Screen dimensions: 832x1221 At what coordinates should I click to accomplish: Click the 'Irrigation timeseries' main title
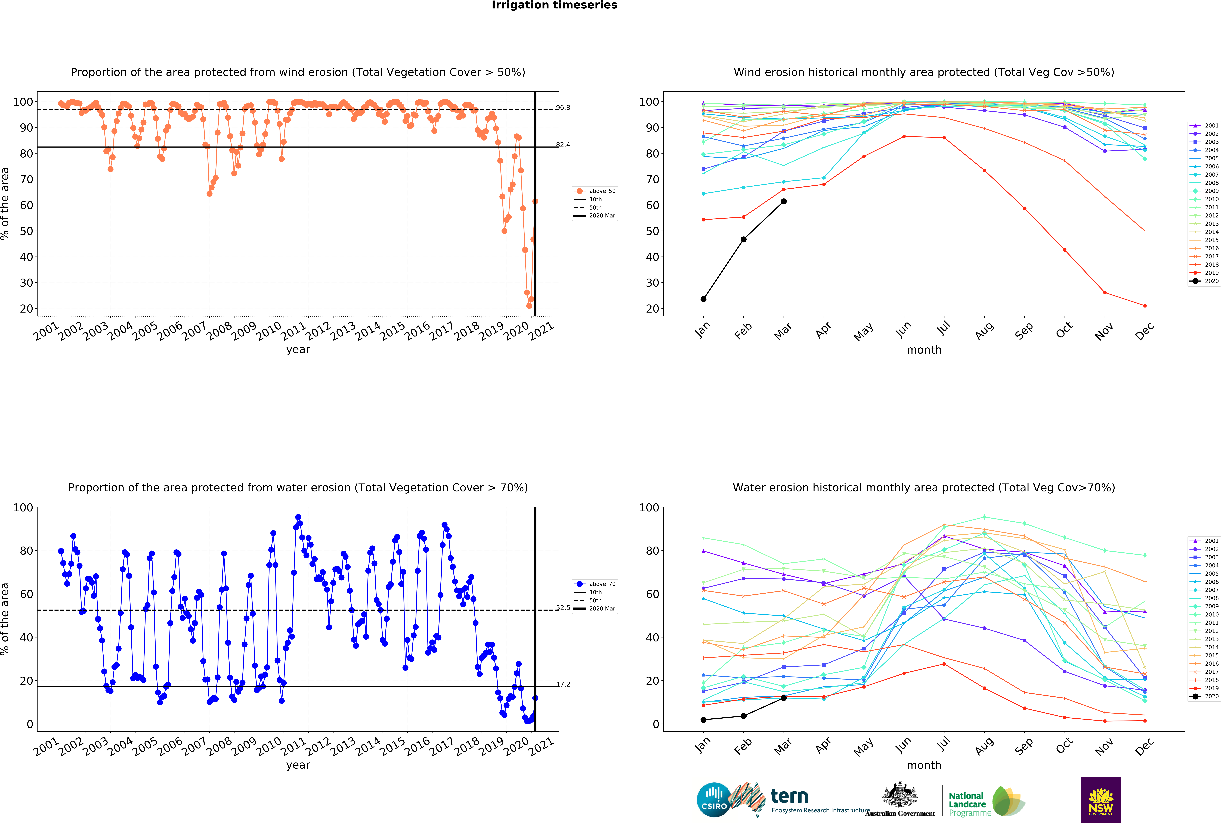coord(554,5)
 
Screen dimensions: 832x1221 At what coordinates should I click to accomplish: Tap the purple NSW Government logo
coord(1101,799)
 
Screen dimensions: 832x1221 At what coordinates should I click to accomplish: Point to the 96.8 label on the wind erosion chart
coord(563,108)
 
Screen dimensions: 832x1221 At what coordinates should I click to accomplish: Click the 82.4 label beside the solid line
coord(563,145)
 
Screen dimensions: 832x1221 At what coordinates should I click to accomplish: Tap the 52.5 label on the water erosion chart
coord(563,608)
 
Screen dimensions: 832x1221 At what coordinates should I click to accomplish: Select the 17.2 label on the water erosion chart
coord(563,684)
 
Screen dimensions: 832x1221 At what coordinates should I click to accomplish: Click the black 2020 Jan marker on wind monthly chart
coord(703,299)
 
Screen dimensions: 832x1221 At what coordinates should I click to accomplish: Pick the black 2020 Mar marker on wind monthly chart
coord(783,201)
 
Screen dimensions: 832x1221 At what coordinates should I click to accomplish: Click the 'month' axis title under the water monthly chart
coord(924,765)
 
